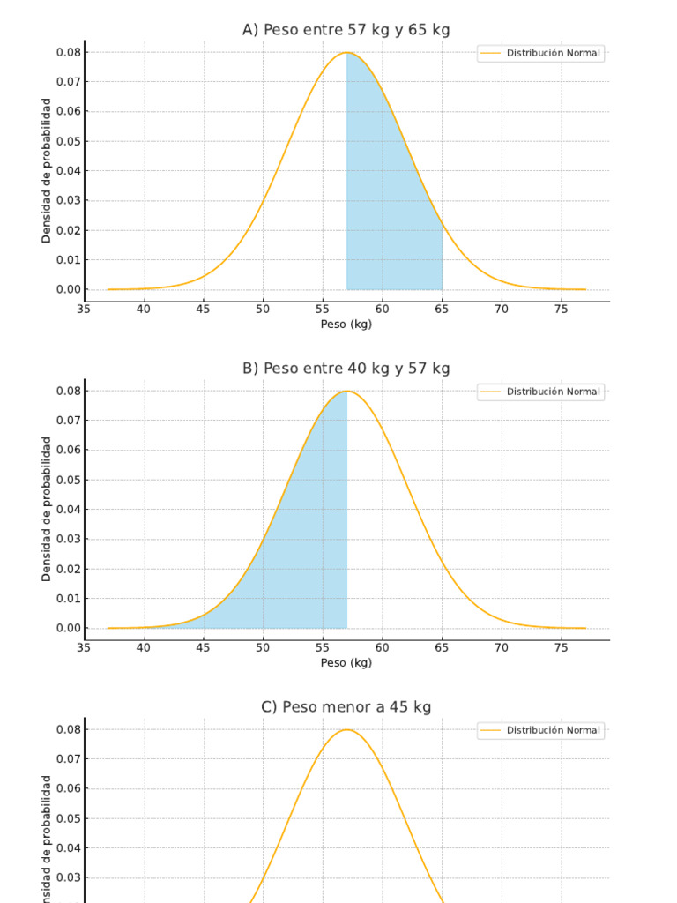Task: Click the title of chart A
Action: coord(346,30)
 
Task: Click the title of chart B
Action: coord(346,369)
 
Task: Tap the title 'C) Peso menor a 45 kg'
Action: coord(346,707)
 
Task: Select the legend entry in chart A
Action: coord(541,53)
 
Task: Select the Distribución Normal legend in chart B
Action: coord(541,392)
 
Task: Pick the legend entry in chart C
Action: coord(541,730)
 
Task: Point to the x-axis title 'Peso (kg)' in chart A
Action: coord(346,325)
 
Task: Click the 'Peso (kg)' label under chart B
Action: coord(346,663)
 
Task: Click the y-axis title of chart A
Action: coord(47,170)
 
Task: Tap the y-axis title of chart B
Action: coord(47,509)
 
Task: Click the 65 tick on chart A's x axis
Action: coord(442,309)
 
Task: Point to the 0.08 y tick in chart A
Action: coord(68,52)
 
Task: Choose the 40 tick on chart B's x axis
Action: coord(144,647)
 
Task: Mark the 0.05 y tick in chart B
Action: coord(68,480)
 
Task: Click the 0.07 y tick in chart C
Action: coord(68,759)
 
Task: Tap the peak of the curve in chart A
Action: coord(346,53)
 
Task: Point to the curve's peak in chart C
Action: coord(346,730)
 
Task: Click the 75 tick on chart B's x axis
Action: coord(562,647)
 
